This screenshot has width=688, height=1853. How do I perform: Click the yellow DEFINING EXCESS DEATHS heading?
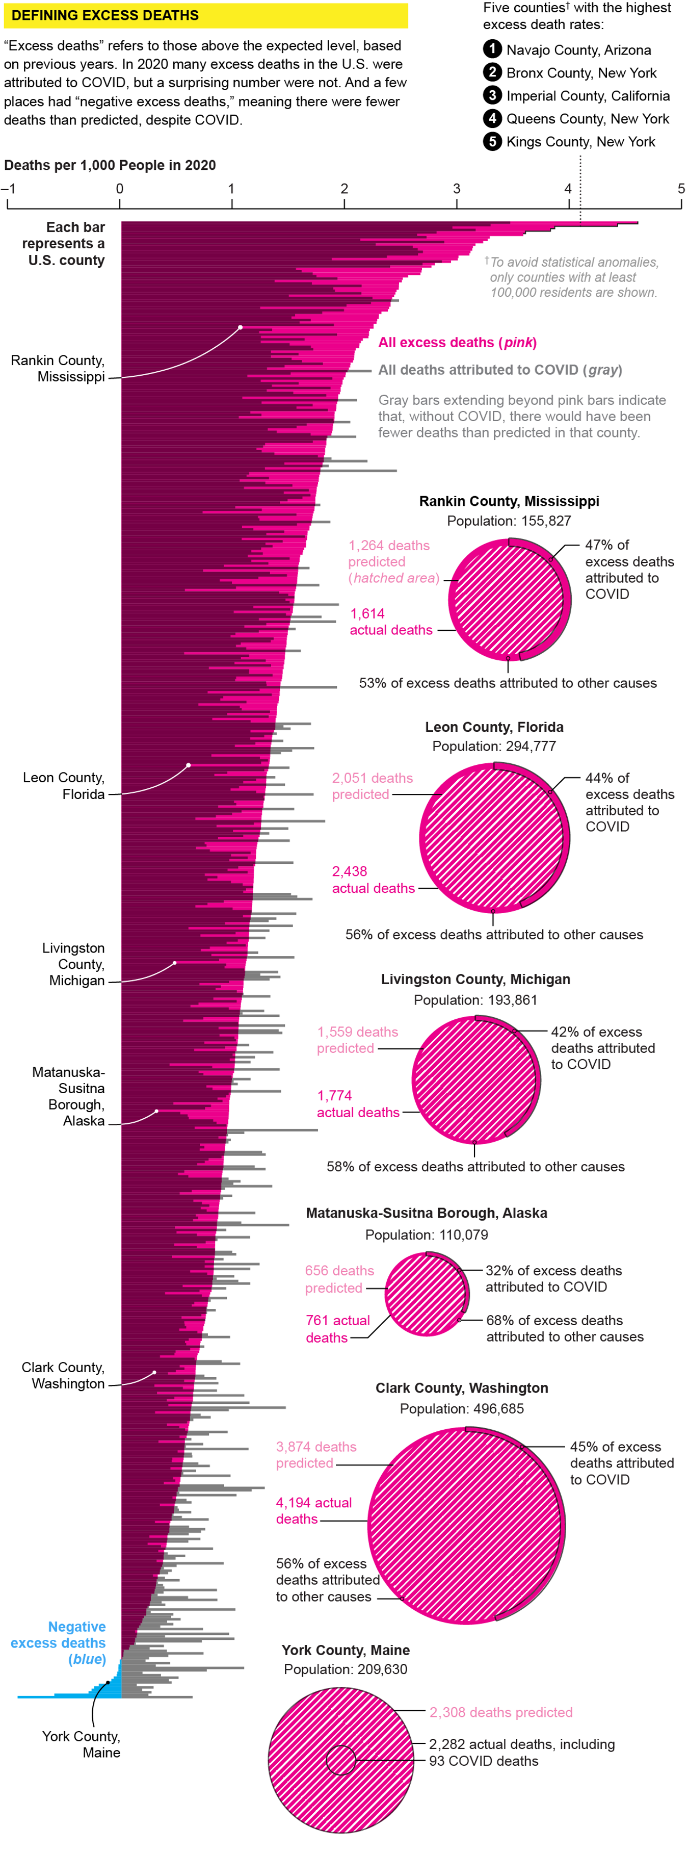pos(105,15)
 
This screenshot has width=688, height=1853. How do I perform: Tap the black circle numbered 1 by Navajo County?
pos(492,49)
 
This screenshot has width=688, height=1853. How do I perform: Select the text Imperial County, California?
pos(588,96)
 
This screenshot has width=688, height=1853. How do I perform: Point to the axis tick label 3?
pos(456,189)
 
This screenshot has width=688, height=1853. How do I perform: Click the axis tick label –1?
pos(9,189)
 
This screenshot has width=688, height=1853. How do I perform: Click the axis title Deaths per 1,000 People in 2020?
pos(110,165)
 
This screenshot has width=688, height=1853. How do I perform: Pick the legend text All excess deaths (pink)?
pos(457,343)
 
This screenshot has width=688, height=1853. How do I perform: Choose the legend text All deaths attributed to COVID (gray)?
pos(499,370)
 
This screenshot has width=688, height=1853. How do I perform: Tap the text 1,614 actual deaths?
pos(390,622)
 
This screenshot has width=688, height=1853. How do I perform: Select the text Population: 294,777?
pos(493,746)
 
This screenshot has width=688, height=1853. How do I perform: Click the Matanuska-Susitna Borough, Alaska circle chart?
pos(427,1293)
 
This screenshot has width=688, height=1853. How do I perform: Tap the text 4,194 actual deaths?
pos(313,1510)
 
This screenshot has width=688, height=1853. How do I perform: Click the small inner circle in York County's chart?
pos(341,1760)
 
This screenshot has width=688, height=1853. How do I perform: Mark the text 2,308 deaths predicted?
pos(500,1712)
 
